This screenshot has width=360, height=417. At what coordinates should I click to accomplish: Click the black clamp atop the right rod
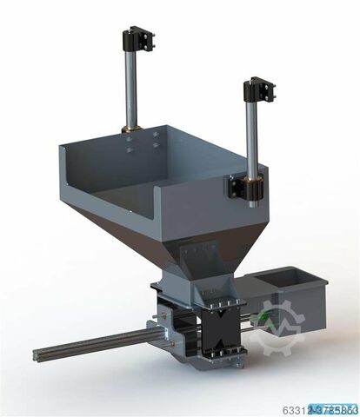pos(259,89)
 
